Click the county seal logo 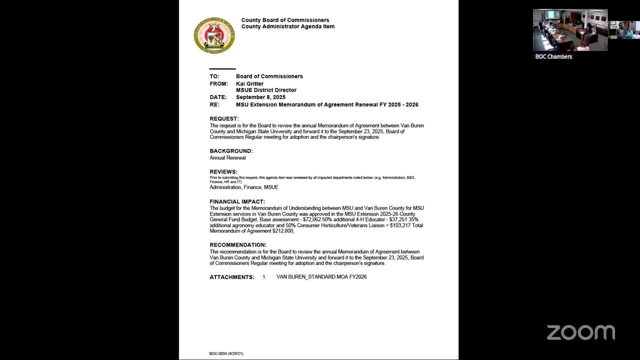(214, 35)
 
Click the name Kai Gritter (249, 83)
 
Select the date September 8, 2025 (260, 97)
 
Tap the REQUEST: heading (224, 118)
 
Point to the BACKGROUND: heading (231, 151)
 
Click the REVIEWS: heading (223, 172)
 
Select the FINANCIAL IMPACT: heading (237, 202)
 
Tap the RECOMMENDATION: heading (238, 245)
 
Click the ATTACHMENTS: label (232, 277)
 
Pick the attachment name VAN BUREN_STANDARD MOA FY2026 (321, 276)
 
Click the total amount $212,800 (283, 231)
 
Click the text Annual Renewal (227, 158)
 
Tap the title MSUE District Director (266, 90)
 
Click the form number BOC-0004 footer (226, 353)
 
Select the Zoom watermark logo (580, 332)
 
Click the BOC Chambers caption (553, 56)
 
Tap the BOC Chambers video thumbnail (570, 30)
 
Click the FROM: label (218, 83)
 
